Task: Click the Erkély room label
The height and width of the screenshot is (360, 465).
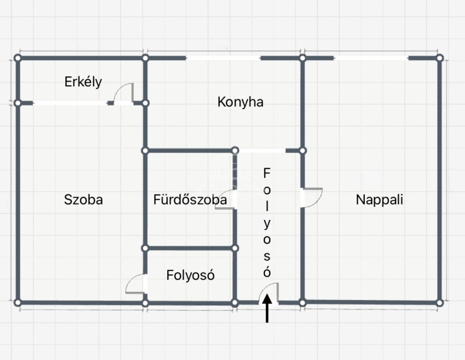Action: click(83, 82)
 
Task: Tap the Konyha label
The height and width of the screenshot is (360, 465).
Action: click(241, 102)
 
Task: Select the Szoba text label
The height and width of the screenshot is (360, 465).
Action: click(84, 199)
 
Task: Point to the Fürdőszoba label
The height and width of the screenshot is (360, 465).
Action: click(190, 200)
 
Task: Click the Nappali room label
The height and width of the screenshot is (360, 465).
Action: click(379, 200)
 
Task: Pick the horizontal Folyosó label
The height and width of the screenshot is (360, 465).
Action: click(190, 275)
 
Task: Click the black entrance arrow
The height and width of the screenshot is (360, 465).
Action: click(267, 308)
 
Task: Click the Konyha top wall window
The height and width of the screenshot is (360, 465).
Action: click(223, 58)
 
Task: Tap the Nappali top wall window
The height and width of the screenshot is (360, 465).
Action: click(371, 58)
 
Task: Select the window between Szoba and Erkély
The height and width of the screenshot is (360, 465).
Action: click(70, 103)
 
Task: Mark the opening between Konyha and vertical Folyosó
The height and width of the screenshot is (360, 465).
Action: click(262, 151)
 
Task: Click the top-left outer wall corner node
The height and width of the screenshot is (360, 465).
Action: click(18, 58)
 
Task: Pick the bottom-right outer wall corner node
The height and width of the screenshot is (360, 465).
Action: click(440, 303)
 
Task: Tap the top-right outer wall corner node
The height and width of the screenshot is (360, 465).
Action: click(440, 58)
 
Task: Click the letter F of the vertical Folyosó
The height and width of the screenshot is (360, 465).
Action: click(267, 173)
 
